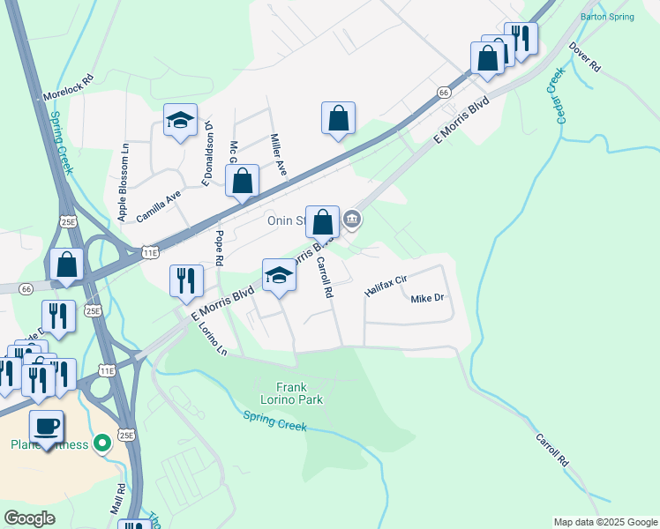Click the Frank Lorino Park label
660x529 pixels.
pyautogui.click(x=299, y=393)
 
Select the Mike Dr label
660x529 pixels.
pyautogui.click(x=427, y=298)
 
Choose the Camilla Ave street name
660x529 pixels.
pyautogui.click(x=159, y=207)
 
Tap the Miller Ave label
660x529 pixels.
pyautogui.click(x=279, y=154)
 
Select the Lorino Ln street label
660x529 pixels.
pyautogui.click(x=213, y=338)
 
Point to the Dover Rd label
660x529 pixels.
pyautogui.click(x=584, y=57)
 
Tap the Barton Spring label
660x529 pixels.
pyautogui.click(x=608, y=17)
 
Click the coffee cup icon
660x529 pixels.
pyautogui.click(x=46, y=427)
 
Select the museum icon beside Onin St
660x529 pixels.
pyautogui.click(x=352, y=218)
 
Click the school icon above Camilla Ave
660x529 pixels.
pyautogui.click(x=180, y=122)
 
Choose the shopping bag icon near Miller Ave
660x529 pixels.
pyautogui.click(x=242, y=181)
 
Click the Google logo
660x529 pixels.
pyautogui.click(x=29, y=518)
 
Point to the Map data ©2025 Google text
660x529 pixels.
pyautogui.click(x=604, y=522)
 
